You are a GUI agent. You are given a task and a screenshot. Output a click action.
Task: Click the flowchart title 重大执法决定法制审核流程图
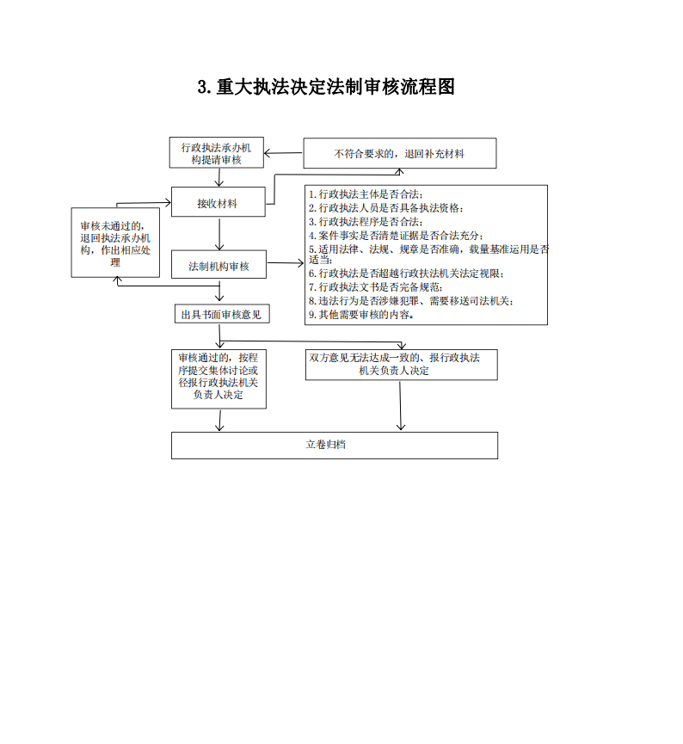(326, 87)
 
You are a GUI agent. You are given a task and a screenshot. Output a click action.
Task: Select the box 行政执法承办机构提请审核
(217, 153)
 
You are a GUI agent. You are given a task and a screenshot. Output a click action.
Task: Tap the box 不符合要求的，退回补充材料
(399, 154)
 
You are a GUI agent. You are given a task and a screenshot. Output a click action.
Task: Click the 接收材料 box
(218, 204)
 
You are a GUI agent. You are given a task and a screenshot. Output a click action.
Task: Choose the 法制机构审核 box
(218, 267)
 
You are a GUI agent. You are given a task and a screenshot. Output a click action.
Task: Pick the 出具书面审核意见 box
(221, 315)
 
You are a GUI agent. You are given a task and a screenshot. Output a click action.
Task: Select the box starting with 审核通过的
(218, 377)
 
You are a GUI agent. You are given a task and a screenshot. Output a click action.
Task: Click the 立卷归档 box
(335, 445)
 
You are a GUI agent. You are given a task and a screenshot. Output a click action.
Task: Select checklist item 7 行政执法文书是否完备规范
(376, 287)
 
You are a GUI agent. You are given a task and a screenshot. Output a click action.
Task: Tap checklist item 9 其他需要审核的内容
(361, 315)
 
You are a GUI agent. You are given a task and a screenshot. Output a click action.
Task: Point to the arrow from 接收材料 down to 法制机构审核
(221, 233)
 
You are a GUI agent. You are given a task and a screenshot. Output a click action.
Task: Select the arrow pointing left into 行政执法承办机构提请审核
(284, 154)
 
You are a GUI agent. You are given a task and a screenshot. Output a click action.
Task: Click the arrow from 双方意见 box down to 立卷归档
(401, 404)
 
